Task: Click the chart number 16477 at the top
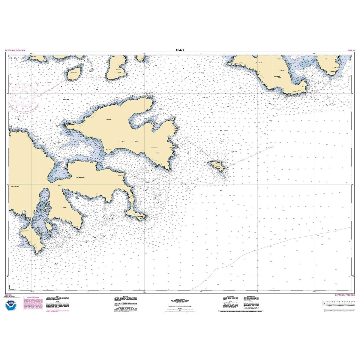180,50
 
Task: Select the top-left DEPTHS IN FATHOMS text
15,50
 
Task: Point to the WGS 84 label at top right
350,50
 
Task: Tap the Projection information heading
180,299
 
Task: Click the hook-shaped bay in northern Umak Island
141,120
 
